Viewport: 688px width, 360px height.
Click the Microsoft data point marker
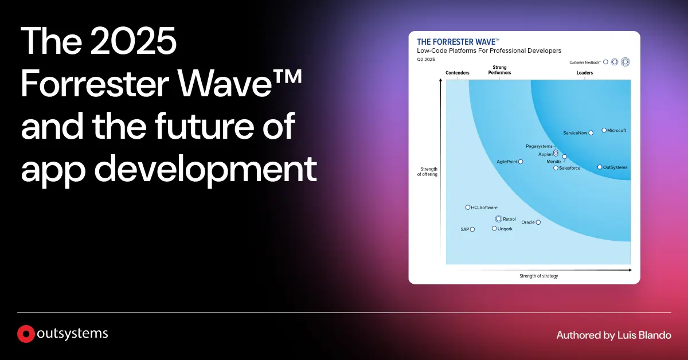click(x=604, y=130)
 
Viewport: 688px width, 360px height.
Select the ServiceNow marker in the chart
click(x=591, y=133)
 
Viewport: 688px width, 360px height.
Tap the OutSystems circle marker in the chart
click(x=600, y=167)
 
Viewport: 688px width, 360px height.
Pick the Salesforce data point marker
click(x=556, y=168)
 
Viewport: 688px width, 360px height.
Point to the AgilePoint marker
click(x=521, y=162)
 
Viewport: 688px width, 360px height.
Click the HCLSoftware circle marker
click(x=468, y=208)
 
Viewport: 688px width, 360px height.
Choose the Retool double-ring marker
click(x=498, y=219)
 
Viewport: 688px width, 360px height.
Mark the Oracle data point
click(x=538, y=222)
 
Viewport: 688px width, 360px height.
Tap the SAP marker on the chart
click(x=472, y=229)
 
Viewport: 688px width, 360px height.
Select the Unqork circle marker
click(x=494, y=229)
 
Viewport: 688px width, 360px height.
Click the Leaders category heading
click(x=585, y=73)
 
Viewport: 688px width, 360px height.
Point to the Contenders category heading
click(x=458, y=73)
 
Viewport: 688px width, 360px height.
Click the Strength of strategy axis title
click(x=538, y=276)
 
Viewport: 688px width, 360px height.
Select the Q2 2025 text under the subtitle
click(x=426, y=59)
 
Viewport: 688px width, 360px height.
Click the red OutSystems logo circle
click(x=25, y=334)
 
